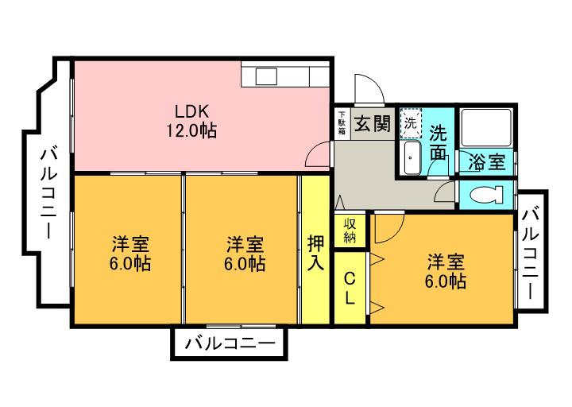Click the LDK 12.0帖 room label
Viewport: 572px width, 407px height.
pos(191,121)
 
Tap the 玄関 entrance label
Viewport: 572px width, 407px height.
pos(373,123)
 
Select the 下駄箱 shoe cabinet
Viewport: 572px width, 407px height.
pos(342,123)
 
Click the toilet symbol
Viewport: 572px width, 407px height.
pos(486,195)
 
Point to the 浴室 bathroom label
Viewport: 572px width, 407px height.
pos(487,162)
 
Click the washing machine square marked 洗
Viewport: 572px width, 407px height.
pos(411,123)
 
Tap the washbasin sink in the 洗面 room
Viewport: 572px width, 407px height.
pos(412,158)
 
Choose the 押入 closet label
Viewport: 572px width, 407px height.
pos(315,252)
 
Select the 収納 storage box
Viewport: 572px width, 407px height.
pos(350,231)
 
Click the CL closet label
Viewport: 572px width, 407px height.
pos(350,289)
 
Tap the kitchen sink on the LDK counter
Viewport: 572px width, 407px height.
pos(265,76)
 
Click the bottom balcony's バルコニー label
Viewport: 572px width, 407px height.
pos(230,344)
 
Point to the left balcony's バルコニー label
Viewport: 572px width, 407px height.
pos(48,193)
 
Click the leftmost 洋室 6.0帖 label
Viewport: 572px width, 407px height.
pos(130,254)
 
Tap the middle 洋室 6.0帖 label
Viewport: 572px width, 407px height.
pos(245,254)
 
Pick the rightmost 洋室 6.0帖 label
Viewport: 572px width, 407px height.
pos(445,271)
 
